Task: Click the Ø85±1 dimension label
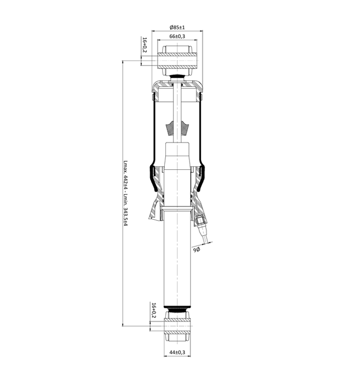pos(177,27)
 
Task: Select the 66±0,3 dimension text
pos(177,36)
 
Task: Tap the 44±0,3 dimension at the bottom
pos(177,352)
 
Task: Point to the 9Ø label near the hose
pos(197,249)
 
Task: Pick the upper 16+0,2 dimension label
pos(145,45)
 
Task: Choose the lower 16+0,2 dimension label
pos(154,310)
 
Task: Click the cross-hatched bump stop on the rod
pos(177,128)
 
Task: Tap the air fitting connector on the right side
pos(200,220)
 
